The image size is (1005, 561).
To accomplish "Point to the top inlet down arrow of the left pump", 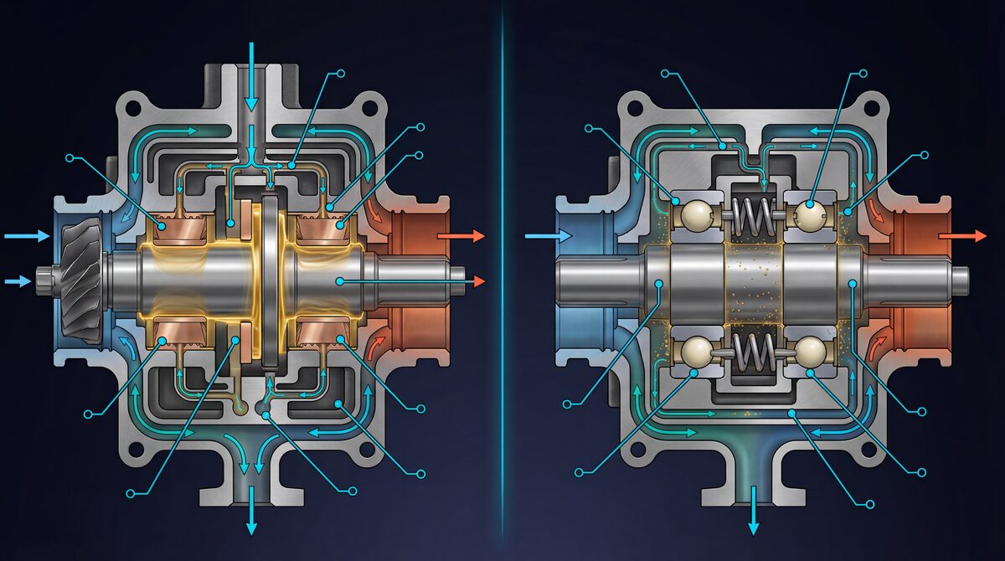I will pyautogui.click(x=249, y=75).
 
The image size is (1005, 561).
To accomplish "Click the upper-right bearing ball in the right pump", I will pyautogui.click(x=812, y=214).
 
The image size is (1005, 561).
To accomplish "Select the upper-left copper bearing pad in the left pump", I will pyautogui.click(x=172, y=226).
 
